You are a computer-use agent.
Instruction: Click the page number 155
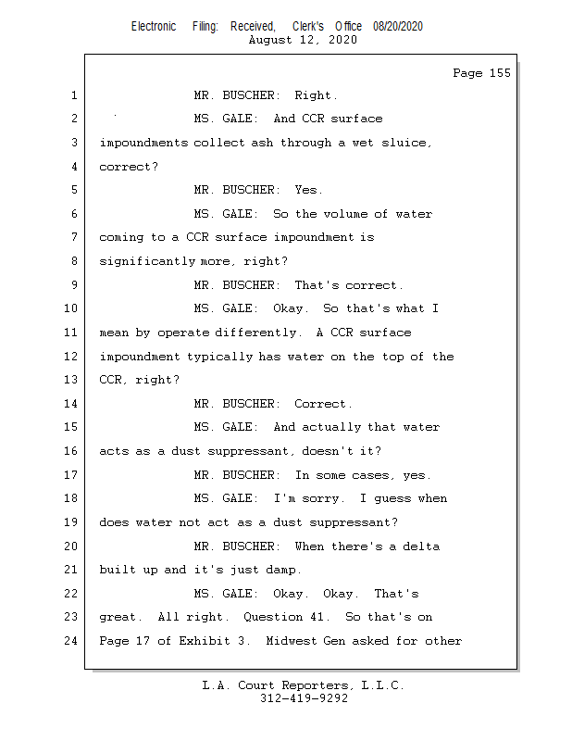click(500, 73)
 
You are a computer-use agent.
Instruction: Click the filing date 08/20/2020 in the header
click(398, 27)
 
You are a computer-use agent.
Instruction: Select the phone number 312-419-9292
click(304, 698)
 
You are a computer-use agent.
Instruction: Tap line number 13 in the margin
click(70, 380)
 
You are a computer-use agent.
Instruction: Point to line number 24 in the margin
click(70, 640)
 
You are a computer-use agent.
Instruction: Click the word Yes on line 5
click(307, 190)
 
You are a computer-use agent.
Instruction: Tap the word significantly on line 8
click(147, 261)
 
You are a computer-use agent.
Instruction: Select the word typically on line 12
click(220, 357)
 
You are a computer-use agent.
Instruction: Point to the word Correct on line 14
click(322, 404)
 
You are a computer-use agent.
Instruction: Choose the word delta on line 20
click(421, 546)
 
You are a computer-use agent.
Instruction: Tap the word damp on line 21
click(283, 570)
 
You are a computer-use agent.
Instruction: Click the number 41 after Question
click(317, 617)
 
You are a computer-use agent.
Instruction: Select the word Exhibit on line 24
click(205, 640)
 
